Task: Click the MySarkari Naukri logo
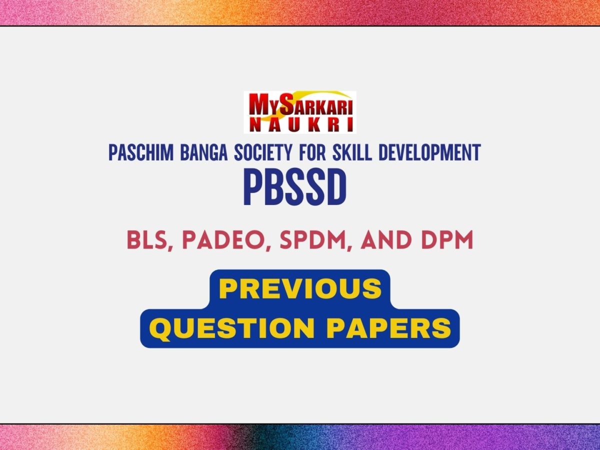coord(300,112)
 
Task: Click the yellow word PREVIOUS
coord(300,288)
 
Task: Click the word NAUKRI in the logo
coord(300,125)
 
